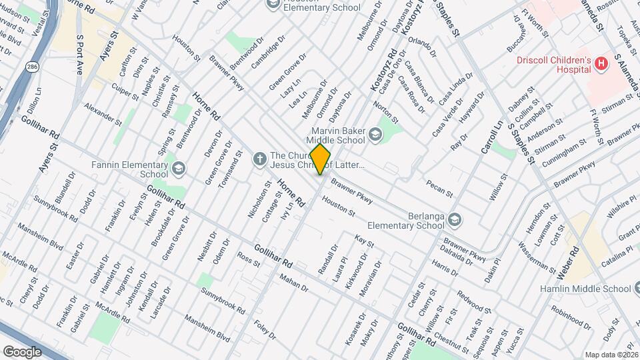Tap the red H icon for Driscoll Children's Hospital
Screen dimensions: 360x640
coord(601,63)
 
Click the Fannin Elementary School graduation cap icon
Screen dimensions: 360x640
coord(178,169)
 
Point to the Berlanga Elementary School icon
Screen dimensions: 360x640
coord(454,219)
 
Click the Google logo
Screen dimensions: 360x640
coord(22,351)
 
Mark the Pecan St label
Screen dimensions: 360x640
coord(439,186)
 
